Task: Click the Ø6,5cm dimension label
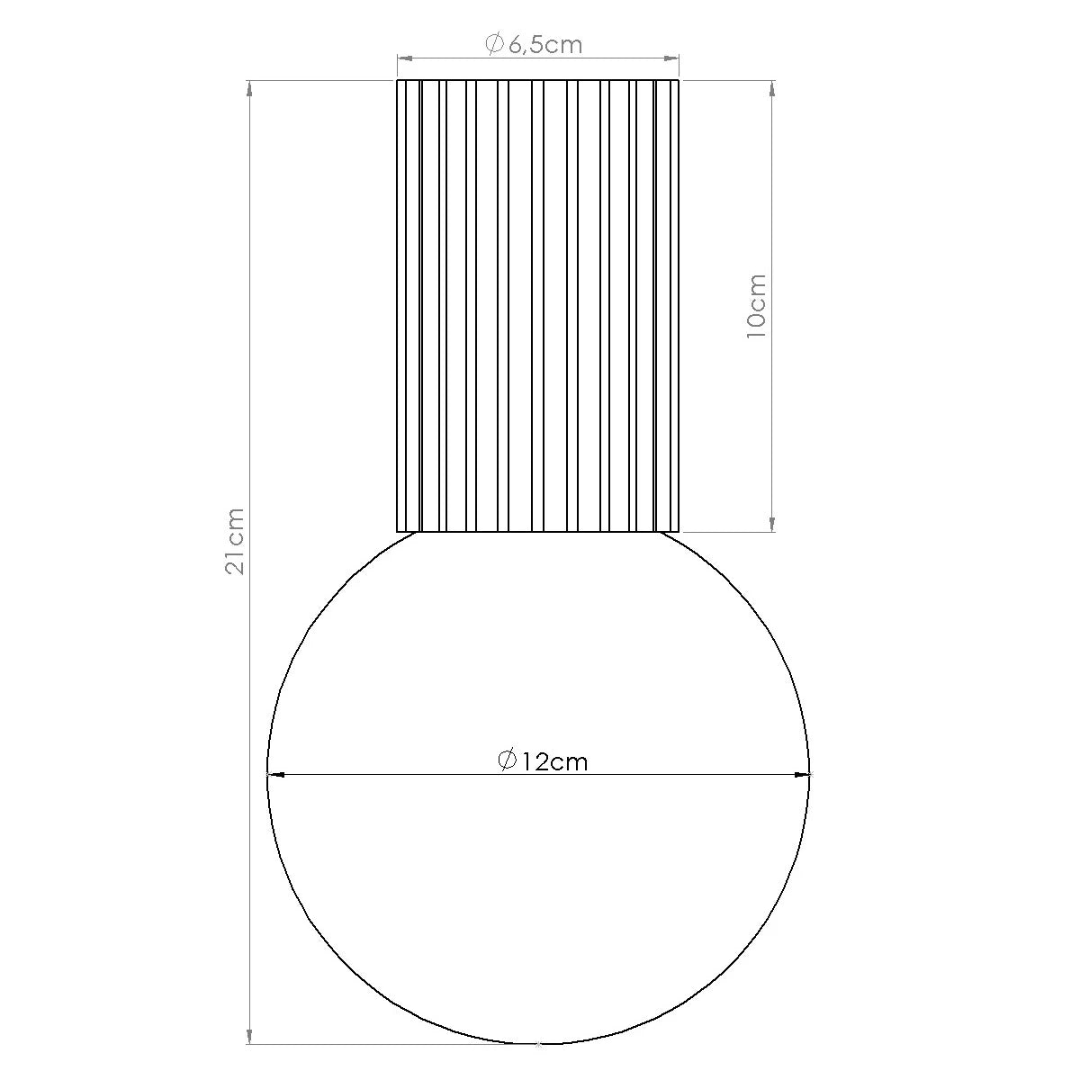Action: click(535, 44)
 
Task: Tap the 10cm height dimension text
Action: click(757, 306)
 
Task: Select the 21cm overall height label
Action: click(235, 541)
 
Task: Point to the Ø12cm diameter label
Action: click(543, 761)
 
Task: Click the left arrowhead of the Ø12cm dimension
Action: click(274, 774)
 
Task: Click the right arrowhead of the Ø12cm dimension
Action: click(802, 774)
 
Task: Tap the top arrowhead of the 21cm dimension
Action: click(249, 88)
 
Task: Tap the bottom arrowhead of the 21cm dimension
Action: click(249, 1037)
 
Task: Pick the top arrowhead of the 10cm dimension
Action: click(772, 88)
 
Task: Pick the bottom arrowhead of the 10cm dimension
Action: click(772, 524)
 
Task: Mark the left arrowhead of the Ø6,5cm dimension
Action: click(405, 58)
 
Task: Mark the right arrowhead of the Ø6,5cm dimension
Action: click(671, 58)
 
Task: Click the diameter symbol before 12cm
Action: click(507, 761)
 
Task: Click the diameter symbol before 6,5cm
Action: click(494, 44)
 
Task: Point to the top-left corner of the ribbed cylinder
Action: click(398, 80)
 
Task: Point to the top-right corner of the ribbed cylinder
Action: click(679, 80)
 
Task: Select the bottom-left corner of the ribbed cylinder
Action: click(398, 531)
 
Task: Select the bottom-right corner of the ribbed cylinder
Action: click(679, 531)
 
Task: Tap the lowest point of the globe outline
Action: click(538, 1044)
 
